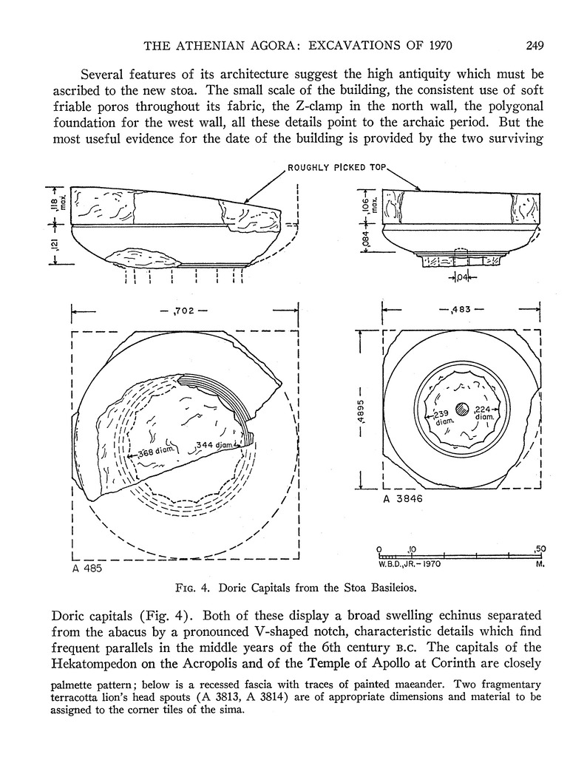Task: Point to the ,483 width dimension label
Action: click(461, 310)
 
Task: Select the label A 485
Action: click(87, 570)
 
